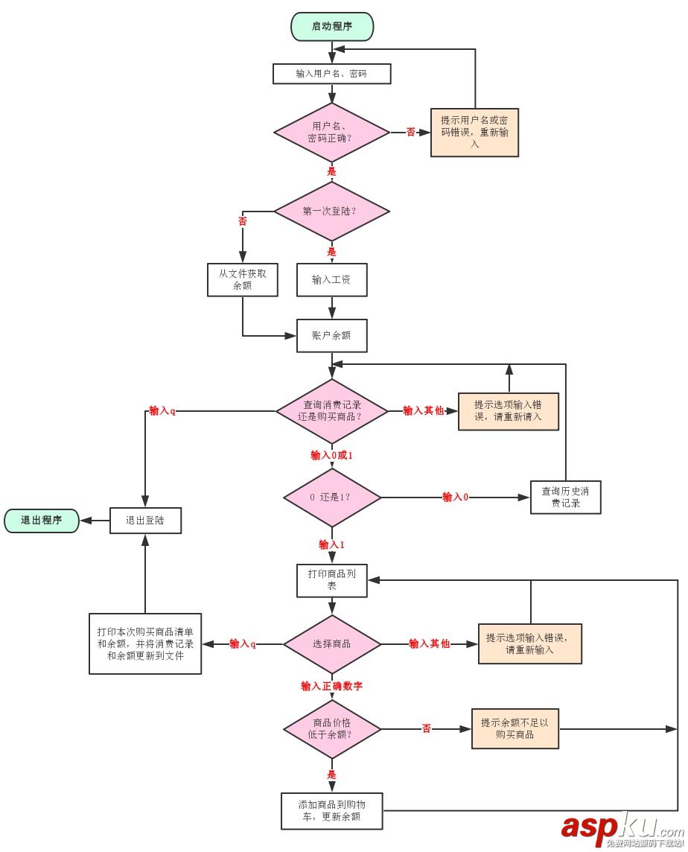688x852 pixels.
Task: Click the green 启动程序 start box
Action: (331, 27)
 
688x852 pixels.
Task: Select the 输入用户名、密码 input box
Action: (331, 74)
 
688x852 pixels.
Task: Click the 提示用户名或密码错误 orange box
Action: (474, 133)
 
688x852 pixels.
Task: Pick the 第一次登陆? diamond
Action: (331, 211)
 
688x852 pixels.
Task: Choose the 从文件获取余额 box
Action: (243, 279)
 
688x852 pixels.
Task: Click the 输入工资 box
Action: (331, 279)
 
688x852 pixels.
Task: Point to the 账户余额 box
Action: (331, 335)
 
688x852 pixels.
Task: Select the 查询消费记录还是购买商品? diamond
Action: (331, 410)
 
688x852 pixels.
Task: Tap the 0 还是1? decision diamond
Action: (331, 497)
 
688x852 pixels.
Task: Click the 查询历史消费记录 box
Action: (566, 497)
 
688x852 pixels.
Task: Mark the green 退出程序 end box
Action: (42, 521)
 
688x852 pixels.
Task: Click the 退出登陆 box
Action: (145, 521)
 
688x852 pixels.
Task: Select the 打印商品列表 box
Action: (331, 580)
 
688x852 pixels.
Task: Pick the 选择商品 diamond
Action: (331, 643)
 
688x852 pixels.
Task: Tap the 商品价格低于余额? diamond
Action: (331, 728)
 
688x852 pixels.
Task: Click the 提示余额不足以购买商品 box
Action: (515, 728)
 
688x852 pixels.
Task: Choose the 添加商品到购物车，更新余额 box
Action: (331, 811)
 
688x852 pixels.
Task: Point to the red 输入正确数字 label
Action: (331, 686)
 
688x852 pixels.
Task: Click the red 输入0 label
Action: (455, 497)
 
